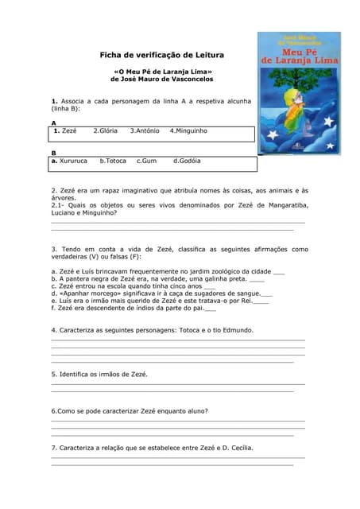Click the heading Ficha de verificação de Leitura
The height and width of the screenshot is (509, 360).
pos(161,55)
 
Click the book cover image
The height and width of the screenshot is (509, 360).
pos(299,93)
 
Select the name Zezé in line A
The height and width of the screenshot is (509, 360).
pos(66,130)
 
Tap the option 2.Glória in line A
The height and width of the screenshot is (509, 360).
pos(106,130)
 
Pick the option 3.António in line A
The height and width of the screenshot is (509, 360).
pos(145,130)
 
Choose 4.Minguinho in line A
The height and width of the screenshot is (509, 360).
pos(188,130)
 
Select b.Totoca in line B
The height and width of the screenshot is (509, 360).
pos(113,161)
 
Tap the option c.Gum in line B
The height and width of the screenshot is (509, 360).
pos(146,161)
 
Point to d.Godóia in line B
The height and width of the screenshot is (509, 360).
pos(187,161)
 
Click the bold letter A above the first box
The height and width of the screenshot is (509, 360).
pos(53,122)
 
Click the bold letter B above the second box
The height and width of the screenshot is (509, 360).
pos(53,153)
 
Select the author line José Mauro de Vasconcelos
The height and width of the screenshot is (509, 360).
pos(161,80)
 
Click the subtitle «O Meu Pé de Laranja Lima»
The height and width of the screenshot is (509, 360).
pos(161,72)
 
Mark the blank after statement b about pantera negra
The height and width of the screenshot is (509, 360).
pos(257,280)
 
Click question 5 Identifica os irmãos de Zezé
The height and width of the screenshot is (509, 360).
pos(99,374)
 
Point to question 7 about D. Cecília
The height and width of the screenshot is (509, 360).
pos(152,448)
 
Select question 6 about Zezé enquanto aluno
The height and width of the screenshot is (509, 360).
pos(130,411)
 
